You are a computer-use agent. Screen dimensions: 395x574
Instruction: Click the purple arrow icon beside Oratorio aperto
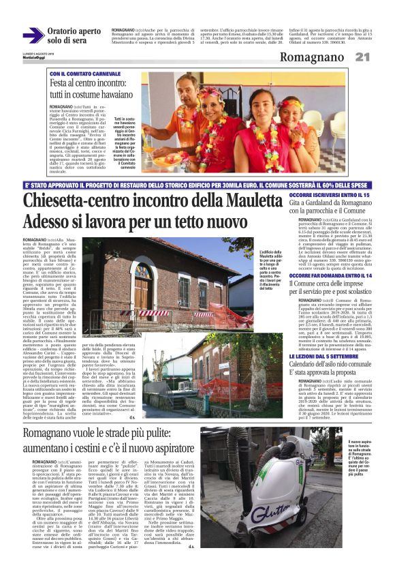pos(33,35)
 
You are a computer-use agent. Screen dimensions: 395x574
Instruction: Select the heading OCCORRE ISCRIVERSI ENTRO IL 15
pos(319,195)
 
